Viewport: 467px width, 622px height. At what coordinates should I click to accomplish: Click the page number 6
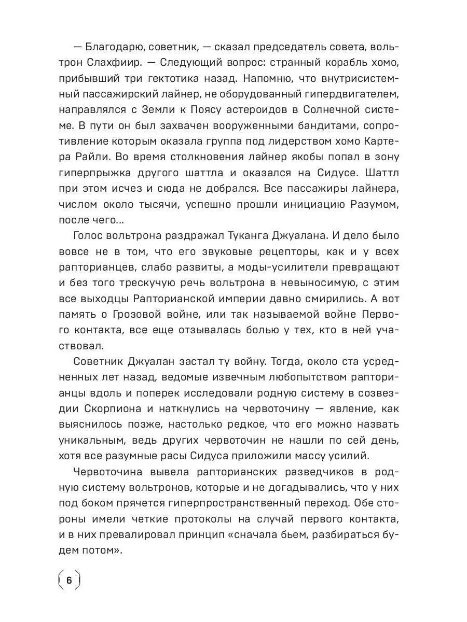[68, 579]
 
